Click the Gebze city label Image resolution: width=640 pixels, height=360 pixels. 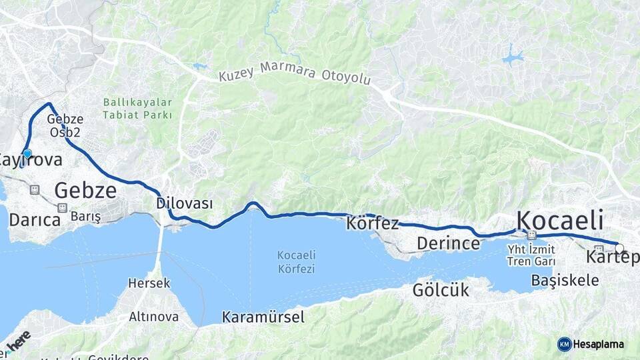click(85, 191)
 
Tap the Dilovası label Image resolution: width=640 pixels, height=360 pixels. click(184, 203)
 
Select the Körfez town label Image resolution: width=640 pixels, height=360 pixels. click(372, 224)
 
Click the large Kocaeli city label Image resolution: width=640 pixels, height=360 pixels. click(560, 219)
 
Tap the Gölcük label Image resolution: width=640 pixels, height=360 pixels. click(441, 290)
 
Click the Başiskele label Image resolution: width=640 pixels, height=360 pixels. click(565, 281)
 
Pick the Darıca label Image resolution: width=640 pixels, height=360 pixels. click(35, 219)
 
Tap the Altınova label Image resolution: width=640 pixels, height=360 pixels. click(153, 317)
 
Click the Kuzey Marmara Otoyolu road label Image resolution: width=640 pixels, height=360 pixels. click(294, 75)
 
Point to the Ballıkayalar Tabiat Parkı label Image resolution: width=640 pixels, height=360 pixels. click(137, 109)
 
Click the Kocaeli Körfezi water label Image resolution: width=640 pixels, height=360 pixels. click(297, 262)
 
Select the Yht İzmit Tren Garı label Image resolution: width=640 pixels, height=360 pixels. click(531, 255)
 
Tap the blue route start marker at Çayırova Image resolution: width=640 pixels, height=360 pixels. click(27, 153)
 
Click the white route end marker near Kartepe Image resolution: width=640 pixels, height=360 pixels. click(619, 249)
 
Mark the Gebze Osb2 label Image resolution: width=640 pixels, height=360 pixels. click(65, 125)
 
